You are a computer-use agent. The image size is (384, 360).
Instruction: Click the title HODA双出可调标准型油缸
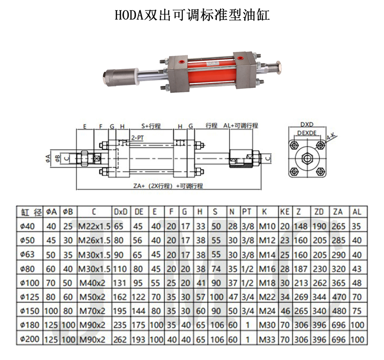coord(192,15)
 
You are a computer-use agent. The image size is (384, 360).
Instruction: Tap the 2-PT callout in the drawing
coord(137,138)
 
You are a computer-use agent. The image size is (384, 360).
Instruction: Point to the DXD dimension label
coord(307,124)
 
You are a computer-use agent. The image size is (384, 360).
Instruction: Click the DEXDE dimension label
coord(307,133)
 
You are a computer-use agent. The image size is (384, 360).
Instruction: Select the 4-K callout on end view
coord(332,136)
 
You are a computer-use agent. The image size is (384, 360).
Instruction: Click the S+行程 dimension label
coord(151,126)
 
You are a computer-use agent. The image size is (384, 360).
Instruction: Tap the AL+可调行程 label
coord(240,126)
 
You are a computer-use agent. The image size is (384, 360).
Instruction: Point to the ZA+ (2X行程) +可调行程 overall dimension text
coord(168,186)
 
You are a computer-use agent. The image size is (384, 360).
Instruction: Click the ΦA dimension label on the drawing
coord(48,158)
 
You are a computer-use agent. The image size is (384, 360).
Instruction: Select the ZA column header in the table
coord(338,212)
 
